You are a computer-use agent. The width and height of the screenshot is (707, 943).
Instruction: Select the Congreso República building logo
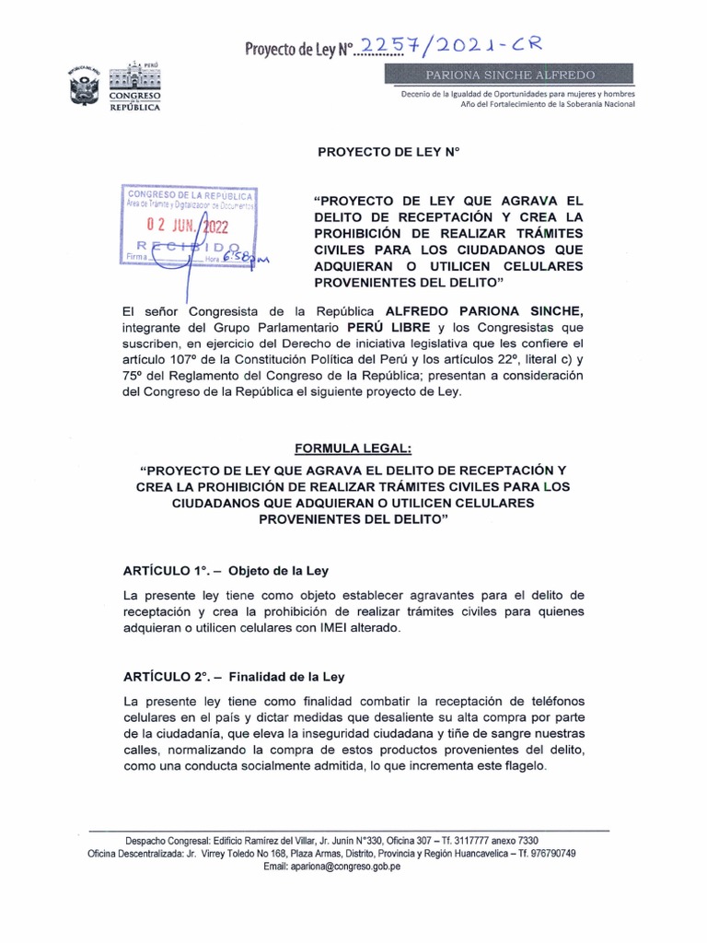(134, 87)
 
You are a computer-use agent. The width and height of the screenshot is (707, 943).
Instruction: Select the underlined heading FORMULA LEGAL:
(354, 448)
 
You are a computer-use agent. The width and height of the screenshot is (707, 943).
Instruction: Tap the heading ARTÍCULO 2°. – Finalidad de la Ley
(235, 676)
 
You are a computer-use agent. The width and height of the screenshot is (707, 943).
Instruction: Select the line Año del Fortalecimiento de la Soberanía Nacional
(548, 103)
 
